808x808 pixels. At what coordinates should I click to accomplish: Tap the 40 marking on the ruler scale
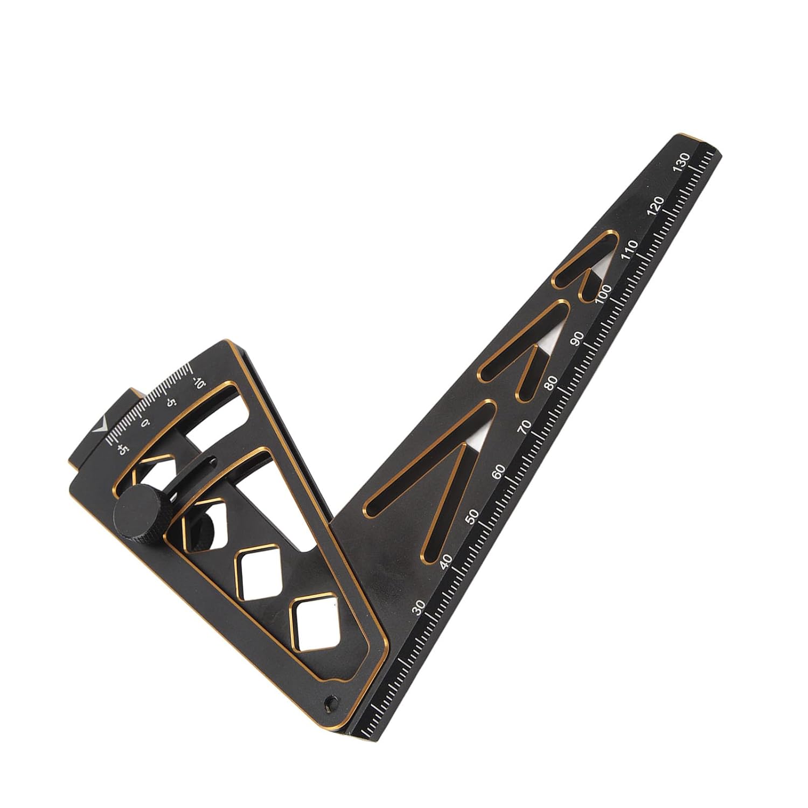pyautogui.click(x=446, y=561)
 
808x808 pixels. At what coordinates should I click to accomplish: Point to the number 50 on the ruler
pyautogui.click(x=472, y=517)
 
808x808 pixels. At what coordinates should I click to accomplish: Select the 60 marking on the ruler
pyautogui.click(x=499, y=471)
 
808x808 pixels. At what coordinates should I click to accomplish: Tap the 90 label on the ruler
pyautogui.click(x=577, y=338)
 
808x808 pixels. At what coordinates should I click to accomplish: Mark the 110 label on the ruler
pyautogui.click(x=630, y=250)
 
